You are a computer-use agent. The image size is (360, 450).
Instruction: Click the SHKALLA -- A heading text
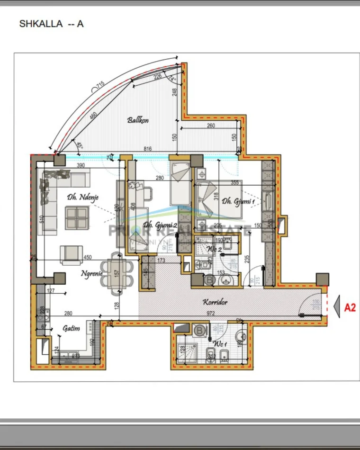pyautogui.click(x=51, y=24)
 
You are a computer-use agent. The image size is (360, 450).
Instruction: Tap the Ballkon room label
pyautogui.click(x=138, y=120)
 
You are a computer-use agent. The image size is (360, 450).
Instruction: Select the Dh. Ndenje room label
pyautogui.click(x=82, y=197)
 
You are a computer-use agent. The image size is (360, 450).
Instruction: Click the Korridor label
pyautogui.click(x=216, y=302)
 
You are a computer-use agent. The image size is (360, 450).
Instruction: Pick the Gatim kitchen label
pyautogui.click(x=71, y=328)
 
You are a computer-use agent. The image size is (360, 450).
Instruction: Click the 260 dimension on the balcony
pyautogui.click(x=211, y=126)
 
